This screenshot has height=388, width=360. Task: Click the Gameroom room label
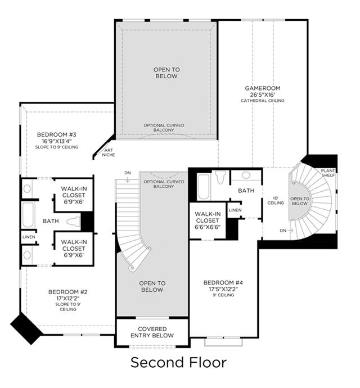pos(263,88)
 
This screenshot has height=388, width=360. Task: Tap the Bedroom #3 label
pos(57,134)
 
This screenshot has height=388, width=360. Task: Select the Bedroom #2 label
pos(68,292)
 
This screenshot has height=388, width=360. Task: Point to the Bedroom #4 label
pos(223,283)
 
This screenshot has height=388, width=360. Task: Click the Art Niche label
pos(109,152)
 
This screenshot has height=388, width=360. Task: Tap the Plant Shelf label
pos(328,173)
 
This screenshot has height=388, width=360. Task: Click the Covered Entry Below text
pos(152,332)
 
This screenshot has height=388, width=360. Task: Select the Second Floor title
pos(178,362)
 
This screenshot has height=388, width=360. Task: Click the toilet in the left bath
pos(73,221)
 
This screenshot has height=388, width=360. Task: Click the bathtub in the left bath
pos(28,215)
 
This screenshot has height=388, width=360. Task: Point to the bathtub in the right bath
pos(204,187)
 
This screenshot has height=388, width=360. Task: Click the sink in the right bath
pos(246,175)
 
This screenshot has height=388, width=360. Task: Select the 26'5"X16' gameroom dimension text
pos(263,94)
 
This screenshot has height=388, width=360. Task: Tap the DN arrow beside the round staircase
pos(290,231)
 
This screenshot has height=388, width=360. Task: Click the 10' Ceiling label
pos(276,200)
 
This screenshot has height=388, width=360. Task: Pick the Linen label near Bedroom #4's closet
pos(235,210)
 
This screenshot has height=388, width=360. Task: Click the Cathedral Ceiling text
pos(263,101)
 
